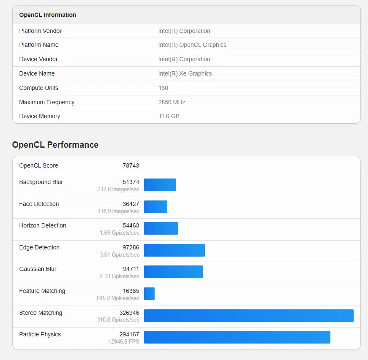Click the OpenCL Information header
coord(47,15)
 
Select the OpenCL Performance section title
coord(55,145)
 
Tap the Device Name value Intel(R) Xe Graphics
coord(185,73)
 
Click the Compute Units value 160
coord(163,88)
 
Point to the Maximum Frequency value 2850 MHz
coord(172,102)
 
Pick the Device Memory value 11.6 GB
coord(169,116)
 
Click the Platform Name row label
coord(39,45)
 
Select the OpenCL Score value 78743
coord(131,165)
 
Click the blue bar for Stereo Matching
coord(248,316)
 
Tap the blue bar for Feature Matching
coord(149,294)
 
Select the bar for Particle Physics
coord(237,337)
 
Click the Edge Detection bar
coord(174,250)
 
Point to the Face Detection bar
coord(155,207)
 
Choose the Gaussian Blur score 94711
coord(131,269)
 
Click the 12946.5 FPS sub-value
coord(123,341)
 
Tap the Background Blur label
coord(41,182)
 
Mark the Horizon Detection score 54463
coord(131,225)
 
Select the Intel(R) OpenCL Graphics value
coord(192,45)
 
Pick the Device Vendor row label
coord(38,59)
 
